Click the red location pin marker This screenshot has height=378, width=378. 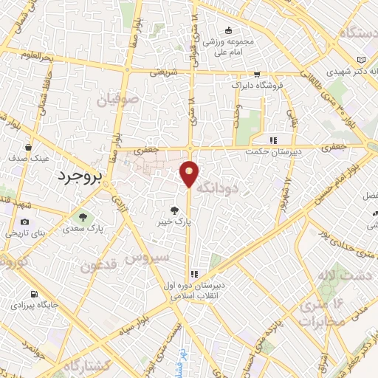coord(190,173)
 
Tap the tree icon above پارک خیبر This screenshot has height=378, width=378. coord(176,209)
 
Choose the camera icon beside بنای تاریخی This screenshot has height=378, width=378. coord(24,222)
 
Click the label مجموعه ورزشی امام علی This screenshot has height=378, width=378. coord(229,46)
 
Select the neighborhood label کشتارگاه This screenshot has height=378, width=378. coord(86,366)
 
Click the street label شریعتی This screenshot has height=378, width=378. coord(164,72)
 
